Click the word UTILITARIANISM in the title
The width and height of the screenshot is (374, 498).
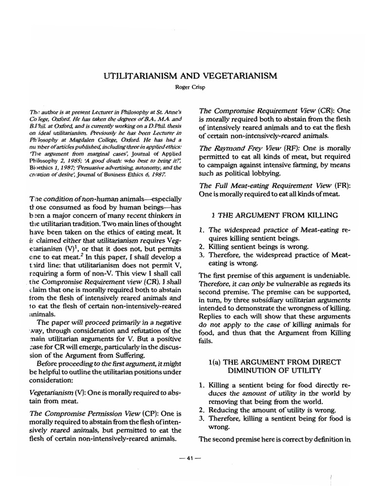pyautogui.click(x=140, y=76)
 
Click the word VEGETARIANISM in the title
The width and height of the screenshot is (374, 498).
pyautogui.click(x=235, y=76)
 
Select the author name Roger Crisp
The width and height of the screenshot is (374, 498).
pyautogui.click(x=187, y=88)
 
